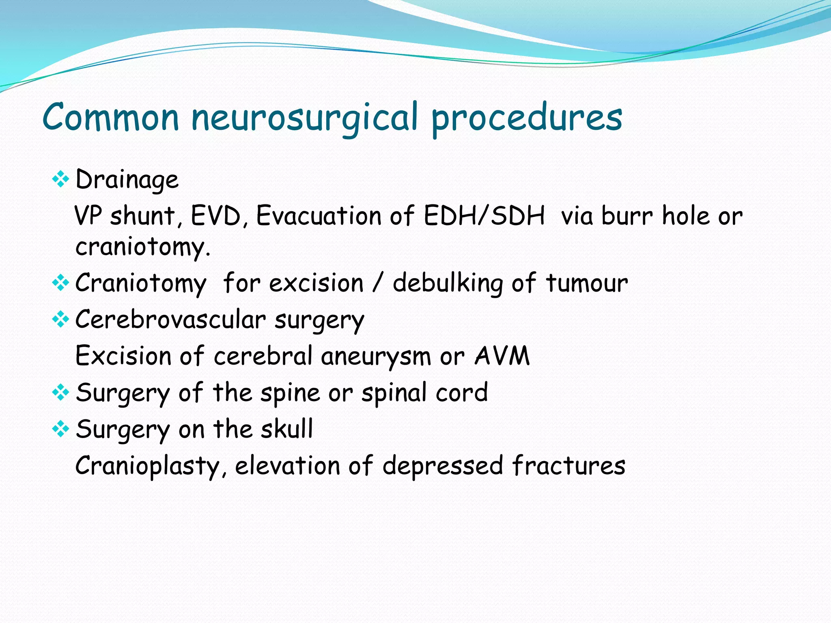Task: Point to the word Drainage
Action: [x=127, y=180]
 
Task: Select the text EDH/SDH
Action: [x=484, y=216]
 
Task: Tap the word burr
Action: [x=627, y=216]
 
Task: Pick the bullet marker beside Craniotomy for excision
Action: [x=60, y=283]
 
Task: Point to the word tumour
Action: [x=587, y=283]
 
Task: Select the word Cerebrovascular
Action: [x=170, y=319]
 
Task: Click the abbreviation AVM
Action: [x=502, y=356]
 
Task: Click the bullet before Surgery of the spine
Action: [x=60, y=392]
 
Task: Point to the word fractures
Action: [x=568, y=466]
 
